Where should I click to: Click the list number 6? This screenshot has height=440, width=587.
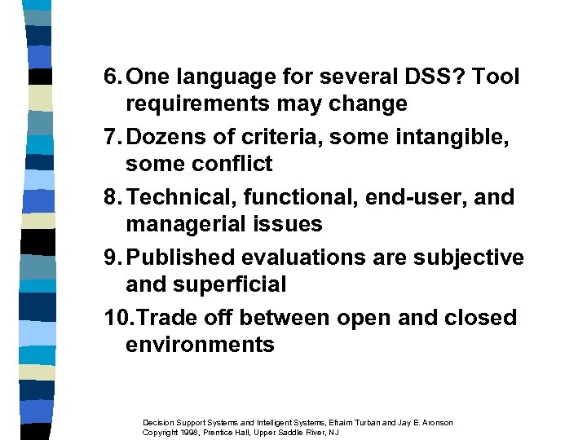pos(113,78)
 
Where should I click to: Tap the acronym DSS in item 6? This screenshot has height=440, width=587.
pos(415,78)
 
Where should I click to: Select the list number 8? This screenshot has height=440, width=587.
pos(113,198)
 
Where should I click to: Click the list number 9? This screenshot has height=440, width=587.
pos(113,257)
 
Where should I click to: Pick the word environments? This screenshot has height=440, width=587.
pos(200,345)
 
